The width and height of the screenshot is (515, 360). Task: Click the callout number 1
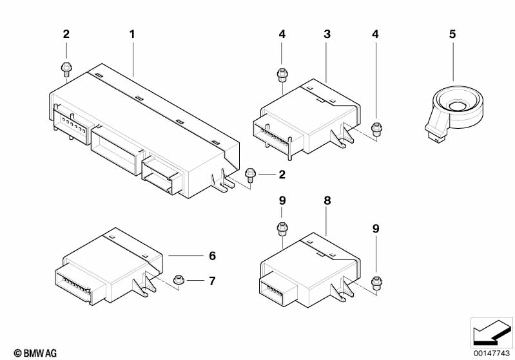coord(132,33)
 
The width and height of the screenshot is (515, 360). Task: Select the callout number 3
coord(327,33)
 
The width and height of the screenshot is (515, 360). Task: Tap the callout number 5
coord(452,33)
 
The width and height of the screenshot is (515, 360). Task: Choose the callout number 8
coord(327,201)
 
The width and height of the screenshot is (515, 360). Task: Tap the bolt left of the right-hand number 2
coord(251,172)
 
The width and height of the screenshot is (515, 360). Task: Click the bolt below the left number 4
coord(282,75)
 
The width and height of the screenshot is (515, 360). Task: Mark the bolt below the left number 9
coord(282,228)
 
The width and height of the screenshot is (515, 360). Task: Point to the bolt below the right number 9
coord(378,280)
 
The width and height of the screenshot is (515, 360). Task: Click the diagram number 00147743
coord(491,353)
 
